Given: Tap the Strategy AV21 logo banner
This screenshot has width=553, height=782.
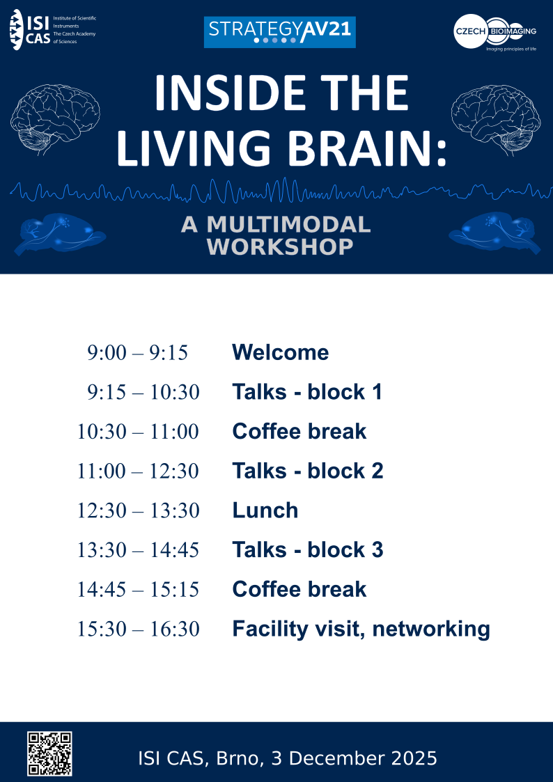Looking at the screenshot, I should pos(279,32).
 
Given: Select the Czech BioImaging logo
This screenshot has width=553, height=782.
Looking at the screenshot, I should pos(495,31).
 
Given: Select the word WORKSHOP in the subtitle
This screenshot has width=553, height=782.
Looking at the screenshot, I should pos(281,247).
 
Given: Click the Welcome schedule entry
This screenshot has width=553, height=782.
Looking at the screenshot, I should pos(280,352).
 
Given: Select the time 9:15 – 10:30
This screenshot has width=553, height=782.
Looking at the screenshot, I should pos(143,392).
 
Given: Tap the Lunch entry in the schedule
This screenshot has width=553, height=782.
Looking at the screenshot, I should pos(265,510).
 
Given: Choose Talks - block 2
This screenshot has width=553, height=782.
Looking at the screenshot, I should pos(307,471).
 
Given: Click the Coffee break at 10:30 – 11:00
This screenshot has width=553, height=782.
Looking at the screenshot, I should pos(299,432).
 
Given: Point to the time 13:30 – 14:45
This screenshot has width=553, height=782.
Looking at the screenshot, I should pos(138,550).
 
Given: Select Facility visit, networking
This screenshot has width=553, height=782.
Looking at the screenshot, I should pos(361,629).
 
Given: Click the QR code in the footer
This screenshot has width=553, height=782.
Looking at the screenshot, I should pos(49,753).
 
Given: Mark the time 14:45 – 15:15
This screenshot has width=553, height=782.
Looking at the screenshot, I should pos(138,590).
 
